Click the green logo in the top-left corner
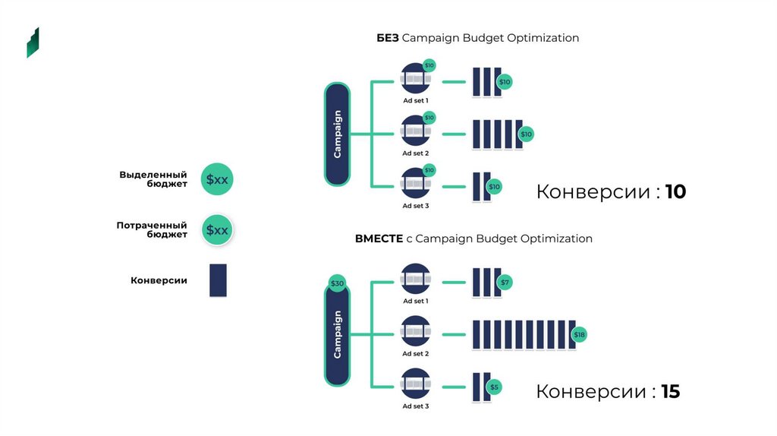click(x=33, y=43)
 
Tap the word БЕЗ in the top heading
click(x=388, y=38)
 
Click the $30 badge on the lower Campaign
click(x=337, y=283)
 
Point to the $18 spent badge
click(x=579, y=335)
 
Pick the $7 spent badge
click(x=505, y=283)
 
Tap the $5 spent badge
click(x=494, y=387)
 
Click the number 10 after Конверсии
click(x=675, y=192)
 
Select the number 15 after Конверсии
click(x=670, y=392)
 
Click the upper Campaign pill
click(x=338, y=134)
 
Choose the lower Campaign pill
click(x=338, y=335)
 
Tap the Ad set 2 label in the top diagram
click(x=415, y=153)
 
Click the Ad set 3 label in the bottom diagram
click(x=415, y=406)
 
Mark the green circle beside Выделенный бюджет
click(x=217, y=180)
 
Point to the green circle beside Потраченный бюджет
click(x=217, y=230)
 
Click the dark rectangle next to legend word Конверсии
click(x=218, y=280)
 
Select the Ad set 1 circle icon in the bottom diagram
click(x=415, y=279)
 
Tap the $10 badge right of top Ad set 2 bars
click(x=526, y=134)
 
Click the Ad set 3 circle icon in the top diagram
click(x=415, y=183)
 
